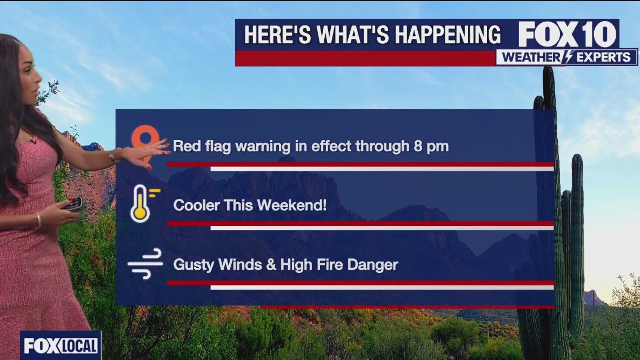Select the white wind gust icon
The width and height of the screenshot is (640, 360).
coord(145,264)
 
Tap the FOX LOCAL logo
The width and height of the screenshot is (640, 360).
coord(61,346)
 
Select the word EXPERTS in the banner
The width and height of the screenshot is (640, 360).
coord(603,57)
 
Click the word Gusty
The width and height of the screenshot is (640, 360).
coord(194,265)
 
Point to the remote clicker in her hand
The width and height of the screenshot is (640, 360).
coord(74,204)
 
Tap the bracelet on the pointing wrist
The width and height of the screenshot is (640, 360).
coord(114,156)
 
